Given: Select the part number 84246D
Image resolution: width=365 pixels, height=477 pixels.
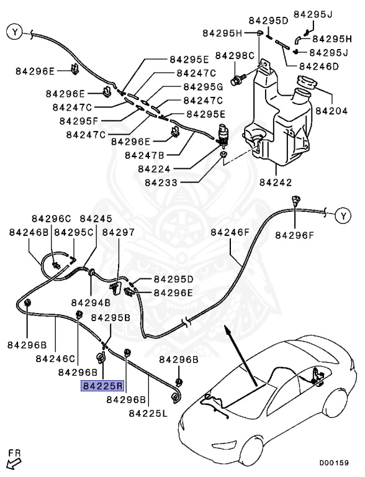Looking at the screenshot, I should click(318, 66).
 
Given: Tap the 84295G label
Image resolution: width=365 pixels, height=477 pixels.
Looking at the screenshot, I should click(203, 86).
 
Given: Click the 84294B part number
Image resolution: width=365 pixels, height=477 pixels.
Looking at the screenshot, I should click(91, 302).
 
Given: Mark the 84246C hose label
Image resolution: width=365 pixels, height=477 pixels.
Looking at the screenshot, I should click(55, 358).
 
